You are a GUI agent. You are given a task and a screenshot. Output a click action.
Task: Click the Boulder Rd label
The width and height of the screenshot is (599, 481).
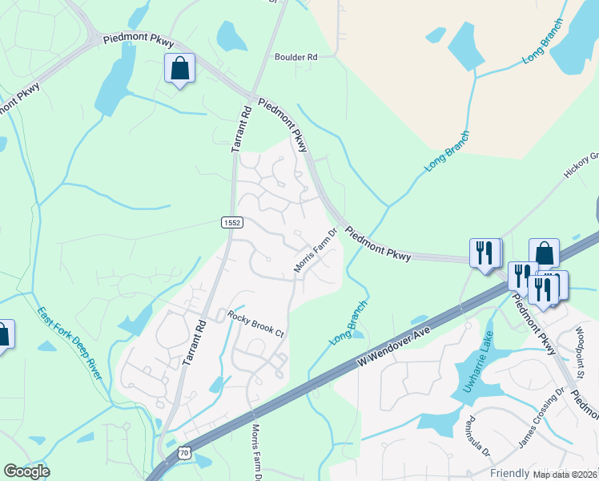pos(296,57)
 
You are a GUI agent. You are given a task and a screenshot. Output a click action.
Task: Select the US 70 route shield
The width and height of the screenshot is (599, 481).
pos(184,454)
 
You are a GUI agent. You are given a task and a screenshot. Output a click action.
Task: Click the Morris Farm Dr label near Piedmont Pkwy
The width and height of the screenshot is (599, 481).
pos(313,251)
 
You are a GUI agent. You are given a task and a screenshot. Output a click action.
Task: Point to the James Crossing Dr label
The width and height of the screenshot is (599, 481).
pos(537,422)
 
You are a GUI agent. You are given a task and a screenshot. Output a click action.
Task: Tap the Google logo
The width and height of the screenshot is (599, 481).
pos(26,471)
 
